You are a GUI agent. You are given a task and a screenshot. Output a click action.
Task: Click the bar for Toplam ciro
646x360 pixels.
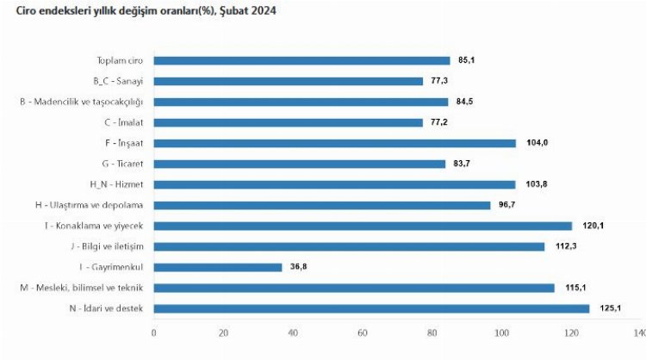(x=301, y=60)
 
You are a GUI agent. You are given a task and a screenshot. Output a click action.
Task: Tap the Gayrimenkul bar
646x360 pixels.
(x=218, y=267)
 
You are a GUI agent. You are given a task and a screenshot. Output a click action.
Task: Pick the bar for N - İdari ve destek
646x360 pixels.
(x=371, y=308)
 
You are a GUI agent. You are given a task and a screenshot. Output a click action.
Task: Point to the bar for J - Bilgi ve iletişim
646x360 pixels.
(x=349, y=246)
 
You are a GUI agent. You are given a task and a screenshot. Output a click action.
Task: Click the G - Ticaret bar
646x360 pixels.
(x=299, y=164)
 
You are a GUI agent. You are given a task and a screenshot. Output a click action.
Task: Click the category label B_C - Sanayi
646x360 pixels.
(x=118, y=81)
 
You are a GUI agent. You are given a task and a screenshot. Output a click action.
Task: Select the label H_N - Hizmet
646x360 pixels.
(x=116, y=184)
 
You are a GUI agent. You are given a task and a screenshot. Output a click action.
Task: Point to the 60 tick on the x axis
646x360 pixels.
(x=362, y=332)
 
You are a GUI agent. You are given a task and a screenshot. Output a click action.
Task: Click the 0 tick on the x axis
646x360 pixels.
(x=154, y=332)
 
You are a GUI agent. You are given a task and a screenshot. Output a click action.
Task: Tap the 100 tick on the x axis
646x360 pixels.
(x=500, y=332)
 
